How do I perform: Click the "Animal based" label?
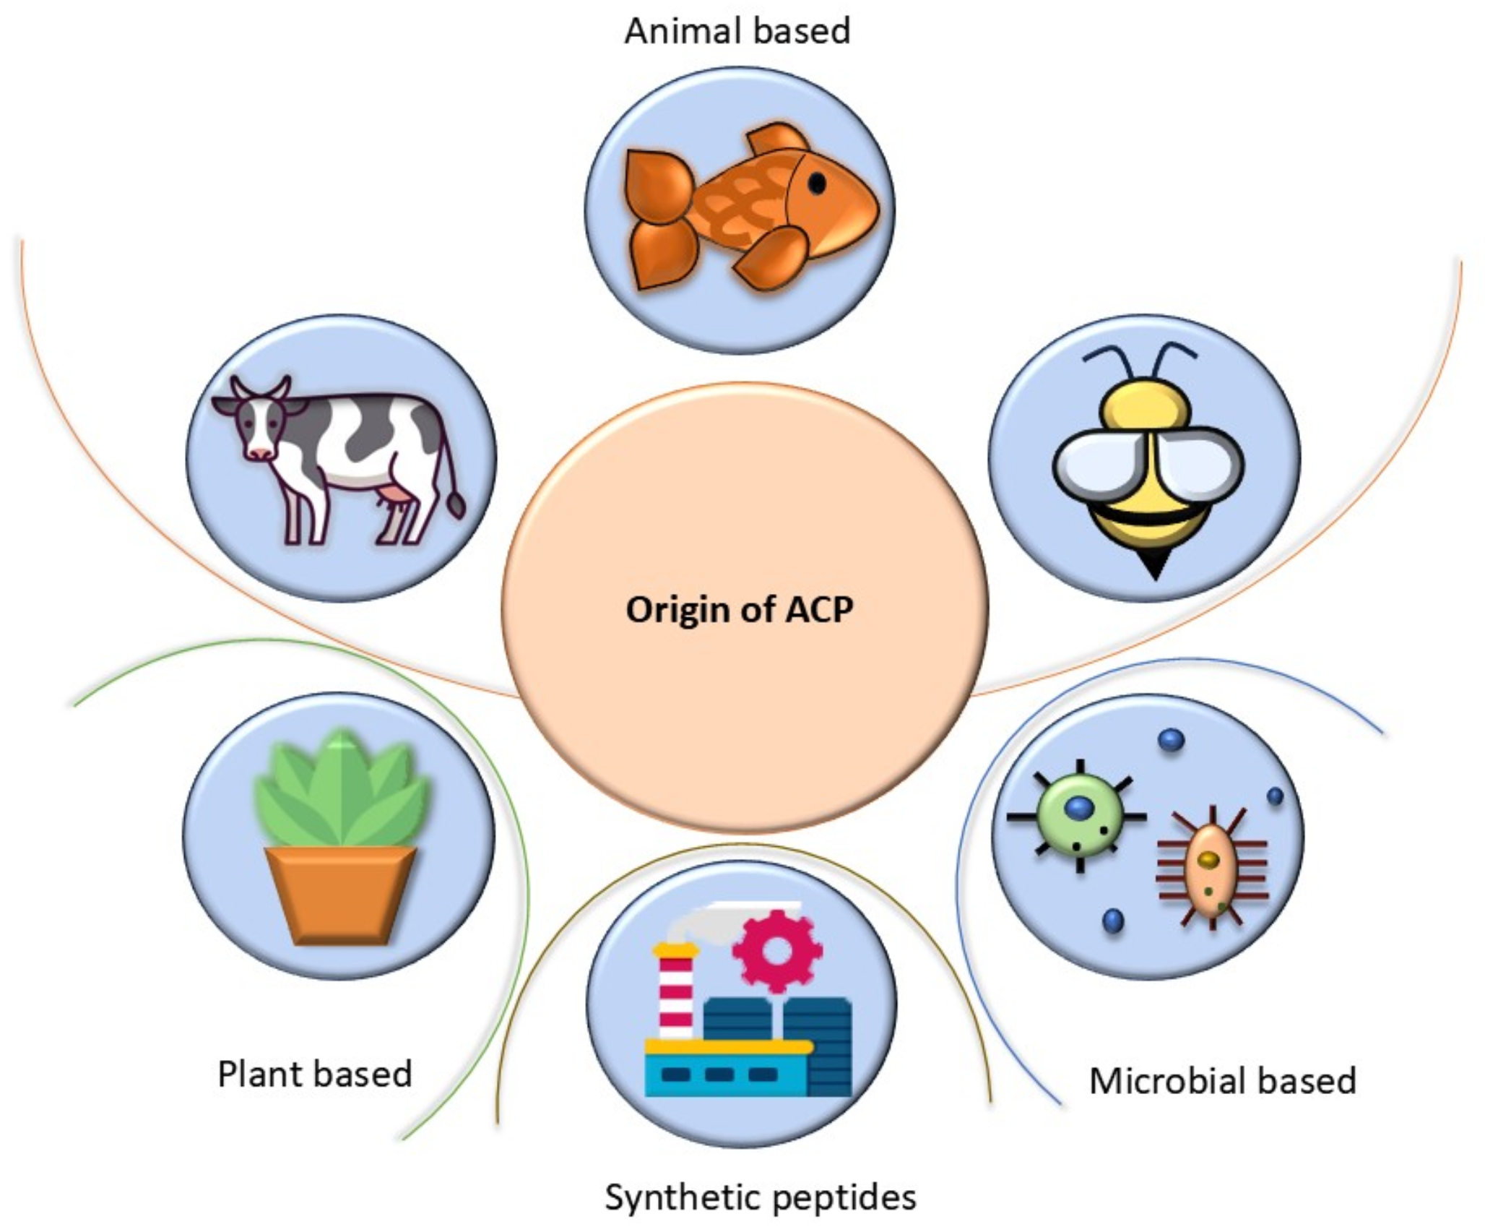tap(737, 31)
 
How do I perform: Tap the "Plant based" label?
tap(315, 1074)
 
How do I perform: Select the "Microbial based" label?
tap(1223, 1081)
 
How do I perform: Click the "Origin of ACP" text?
tap(740, 609)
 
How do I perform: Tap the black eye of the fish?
tap(817, 184)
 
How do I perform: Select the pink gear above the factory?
tap(776, 950)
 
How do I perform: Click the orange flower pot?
tap(340, 895)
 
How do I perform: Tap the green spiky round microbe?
tap(1078, 816)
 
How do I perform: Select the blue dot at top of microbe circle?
tap(1171, 740)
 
